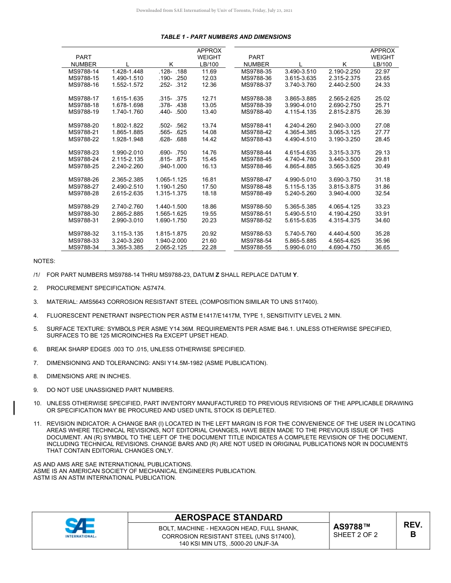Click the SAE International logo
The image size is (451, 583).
[x=80, y=528]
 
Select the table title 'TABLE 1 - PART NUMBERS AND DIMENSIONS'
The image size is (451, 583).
[x=225, y=37]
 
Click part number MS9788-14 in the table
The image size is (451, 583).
[x=84, y=72]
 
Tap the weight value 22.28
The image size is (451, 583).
[x=209, y=247]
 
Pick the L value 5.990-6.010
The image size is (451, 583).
[x=300, y=247]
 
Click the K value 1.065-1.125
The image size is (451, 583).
[x=171, y=180]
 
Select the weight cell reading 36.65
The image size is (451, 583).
[x=382, y=247]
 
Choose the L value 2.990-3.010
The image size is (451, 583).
[x=127, y=220]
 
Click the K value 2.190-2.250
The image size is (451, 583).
[x=344, y=72]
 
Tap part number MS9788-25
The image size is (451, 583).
[x=84, y=166]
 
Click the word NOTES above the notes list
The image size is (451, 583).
[x=44, y=261]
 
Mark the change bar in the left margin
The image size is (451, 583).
[x=14, y=407]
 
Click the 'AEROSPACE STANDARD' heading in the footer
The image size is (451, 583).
[x=228, y=518]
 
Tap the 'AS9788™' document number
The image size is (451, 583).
[x=351, y=527]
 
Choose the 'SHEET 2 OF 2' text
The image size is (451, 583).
[x=356, y=535]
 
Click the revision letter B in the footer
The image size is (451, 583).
[x=413, y=535]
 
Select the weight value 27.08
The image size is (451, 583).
[x=382, y=126]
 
